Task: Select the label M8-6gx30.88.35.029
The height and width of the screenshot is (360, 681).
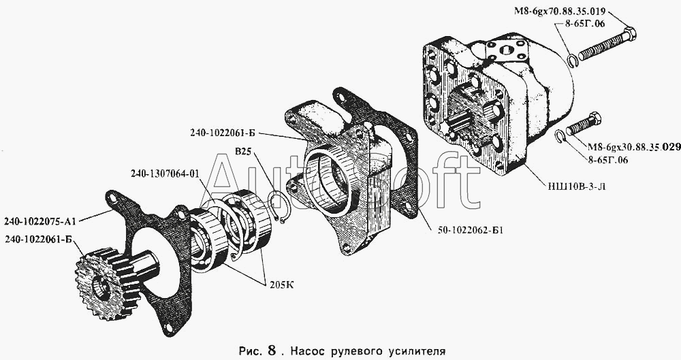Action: (627, 147)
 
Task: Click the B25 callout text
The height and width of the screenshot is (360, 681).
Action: (244, 152)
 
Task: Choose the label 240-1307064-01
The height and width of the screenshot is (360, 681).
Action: (165, 174)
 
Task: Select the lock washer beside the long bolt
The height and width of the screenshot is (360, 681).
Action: (572, 61)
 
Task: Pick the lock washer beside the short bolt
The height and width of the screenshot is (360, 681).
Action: (561, 136)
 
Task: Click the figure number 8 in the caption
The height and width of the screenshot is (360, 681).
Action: (272, 350)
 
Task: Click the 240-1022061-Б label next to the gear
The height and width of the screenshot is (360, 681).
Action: (38, 238)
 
